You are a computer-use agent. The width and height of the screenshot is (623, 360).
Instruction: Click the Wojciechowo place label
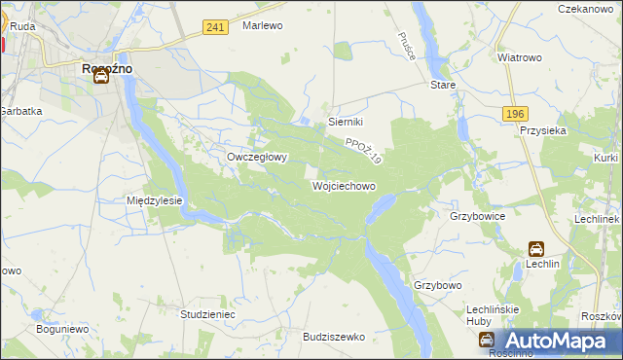[x=344, y=185]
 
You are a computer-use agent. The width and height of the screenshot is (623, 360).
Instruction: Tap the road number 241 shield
[x=216, y=27]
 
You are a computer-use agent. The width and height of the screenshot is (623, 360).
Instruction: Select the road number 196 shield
[x=516, y=114]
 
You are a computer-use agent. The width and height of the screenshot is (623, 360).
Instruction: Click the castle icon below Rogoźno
[x=101, y=78]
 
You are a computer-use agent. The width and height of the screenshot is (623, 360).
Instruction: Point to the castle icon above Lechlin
[x=536, y=249]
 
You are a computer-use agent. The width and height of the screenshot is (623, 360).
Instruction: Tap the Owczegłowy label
[x=256, y=157]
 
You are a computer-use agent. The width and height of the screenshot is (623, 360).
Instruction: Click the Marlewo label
[x=262, y=25]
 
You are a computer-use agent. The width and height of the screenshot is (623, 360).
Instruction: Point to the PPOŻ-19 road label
[x=363, y=149]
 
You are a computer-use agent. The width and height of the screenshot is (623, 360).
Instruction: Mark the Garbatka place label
[x=21, y=111]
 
